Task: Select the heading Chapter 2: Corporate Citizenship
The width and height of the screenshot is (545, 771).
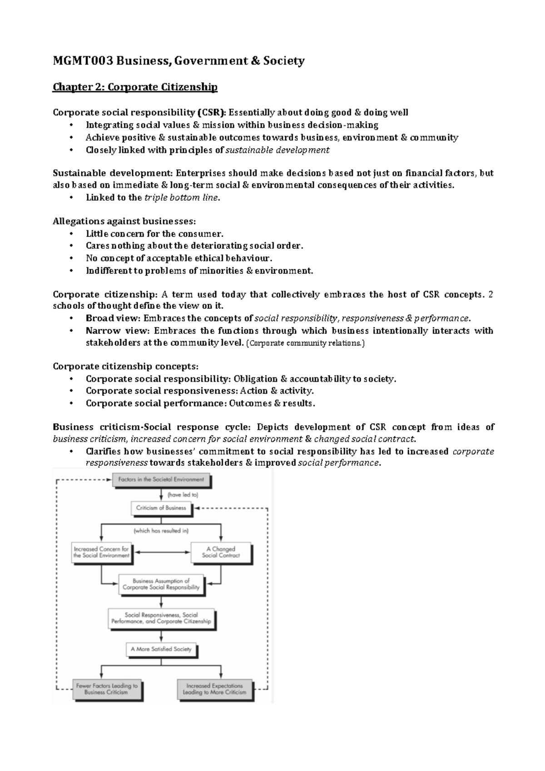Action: pyautogui.click(x=135, y=87)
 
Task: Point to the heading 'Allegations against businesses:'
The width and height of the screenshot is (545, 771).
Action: pyautogui.click(x=124, y=221)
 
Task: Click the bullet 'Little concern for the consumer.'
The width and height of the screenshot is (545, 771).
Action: pyautogui.click(x=154, y=234)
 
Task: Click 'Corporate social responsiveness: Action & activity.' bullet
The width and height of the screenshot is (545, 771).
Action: pyautogui.click(x=199, y=391)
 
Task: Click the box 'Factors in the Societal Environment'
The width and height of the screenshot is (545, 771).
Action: pyautogui.click(x=161, y=480)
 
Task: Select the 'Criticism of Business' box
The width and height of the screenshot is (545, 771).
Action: pyautogui.click(x=161, y=508)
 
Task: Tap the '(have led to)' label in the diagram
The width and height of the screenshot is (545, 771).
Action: pyautogui.click(x=183, y=494)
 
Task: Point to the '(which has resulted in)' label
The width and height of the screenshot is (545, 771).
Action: pyautogui.click(x=161, y=530)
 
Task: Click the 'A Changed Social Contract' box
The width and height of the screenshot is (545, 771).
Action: pyautogui.click(x=221, y=552)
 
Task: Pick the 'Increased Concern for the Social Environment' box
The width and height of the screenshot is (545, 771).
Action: pyautogui.click(x=101, y=552)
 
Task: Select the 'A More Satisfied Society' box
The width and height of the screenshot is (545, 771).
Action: pyautogui.click(x=161, y=649)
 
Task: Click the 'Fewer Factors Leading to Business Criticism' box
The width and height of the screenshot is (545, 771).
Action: pyautogui.click(x=107, y=689)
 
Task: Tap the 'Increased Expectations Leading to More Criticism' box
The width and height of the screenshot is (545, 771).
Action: pyautogui.click(x=214, y=689)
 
